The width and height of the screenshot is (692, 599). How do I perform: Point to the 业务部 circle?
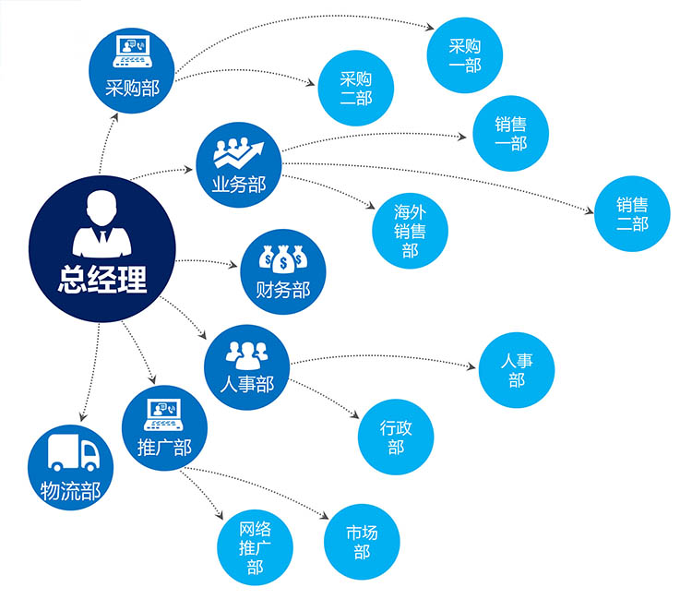click(x=238, y=163)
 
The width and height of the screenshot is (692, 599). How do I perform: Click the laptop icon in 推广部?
click(x=164, y=414)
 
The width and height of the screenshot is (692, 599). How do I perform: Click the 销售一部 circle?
click(x=511, y=134)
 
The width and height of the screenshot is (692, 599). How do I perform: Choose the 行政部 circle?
click(x=396, y=437)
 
